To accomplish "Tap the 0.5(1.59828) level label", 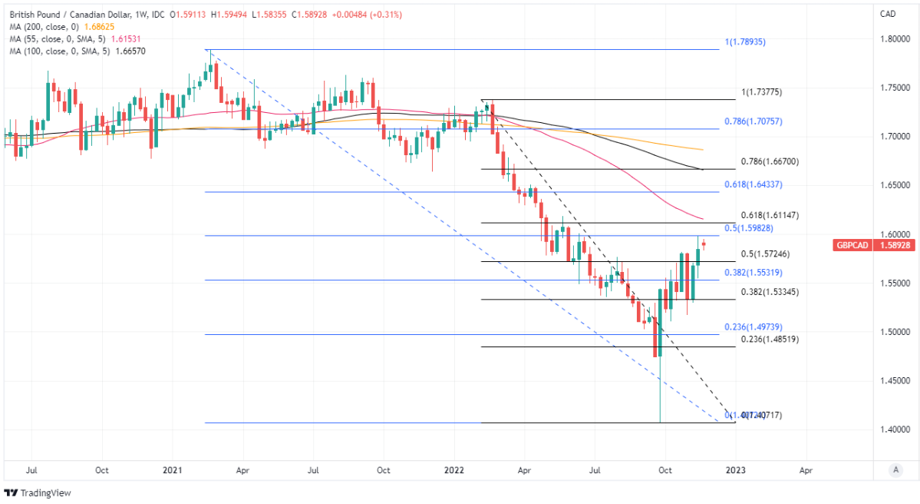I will click(x=753, y=229).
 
